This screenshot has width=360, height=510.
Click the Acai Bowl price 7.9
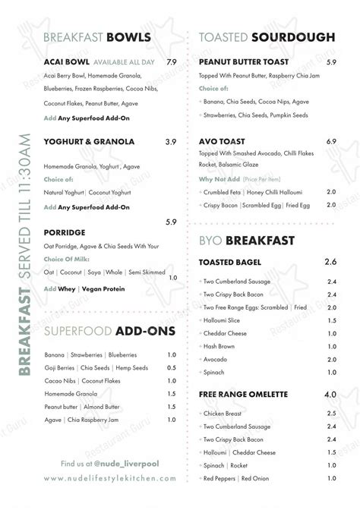pos(171,61)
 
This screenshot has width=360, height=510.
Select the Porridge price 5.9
pos(171,222)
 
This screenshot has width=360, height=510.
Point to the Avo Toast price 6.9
pos(331,142)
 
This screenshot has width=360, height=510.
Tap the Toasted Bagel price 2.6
pos(330,262)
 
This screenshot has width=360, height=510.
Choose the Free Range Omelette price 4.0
pos(330,395)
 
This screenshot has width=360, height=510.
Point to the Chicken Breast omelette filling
pos(223,414)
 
